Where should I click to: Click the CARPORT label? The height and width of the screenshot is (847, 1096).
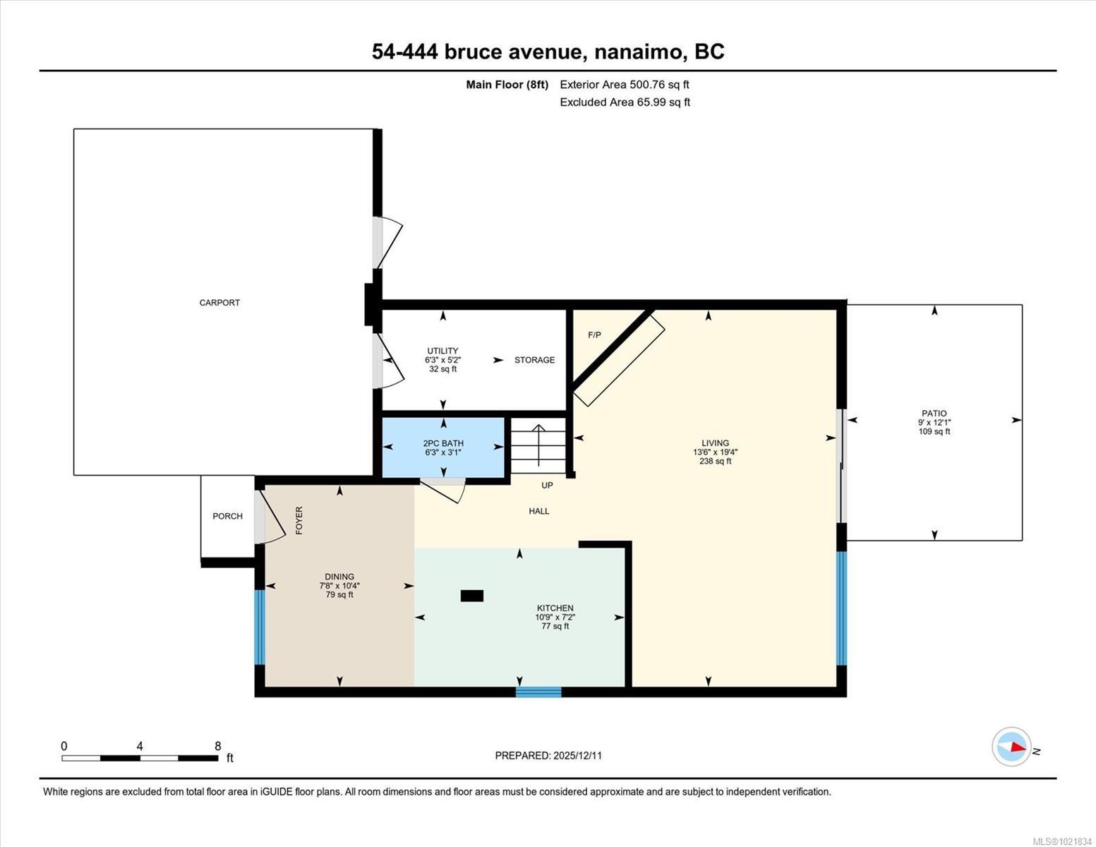click(x=219, y=303)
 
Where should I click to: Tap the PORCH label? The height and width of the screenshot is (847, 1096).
click(x=227, y=516)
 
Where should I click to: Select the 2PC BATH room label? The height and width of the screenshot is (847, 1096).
click(x=443, y=443)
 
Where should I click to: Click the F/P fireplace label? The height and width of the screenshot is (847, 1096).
click(x=594, y=335)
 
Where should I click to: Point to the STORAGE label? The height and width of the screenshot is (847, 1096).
click(x=534, y=360)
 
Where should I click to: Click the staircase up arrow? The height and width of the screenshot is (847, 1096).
click(x=538, y=445)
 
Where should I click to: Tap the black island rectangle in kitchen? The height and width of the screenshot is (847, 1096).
click(x=471, y=596)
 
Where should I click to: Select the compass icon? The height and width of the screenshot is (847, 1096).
click(x=1011, y=746)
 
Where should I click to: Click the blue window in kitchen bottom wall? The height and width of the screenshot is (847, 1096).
click(x=538, y=692)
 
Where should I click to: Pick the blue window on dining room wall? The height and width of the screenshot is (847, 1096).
click(x=259, y=627)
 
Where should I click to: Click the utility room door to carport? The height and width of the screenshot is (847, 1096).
click(x=387, y=361)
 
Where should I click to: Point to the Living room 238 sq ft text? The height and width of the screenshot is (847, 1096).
click(x=715, y=462)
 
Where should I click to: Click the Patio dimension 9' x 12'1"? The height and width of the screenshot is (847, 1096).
click(x=934, y=423)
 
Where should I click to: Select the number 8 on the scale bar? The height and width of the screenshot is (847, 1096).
click(x=217, y=746)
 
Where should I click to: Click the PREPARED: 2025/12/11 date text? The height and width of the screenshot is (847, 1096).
click(x=548, y=755)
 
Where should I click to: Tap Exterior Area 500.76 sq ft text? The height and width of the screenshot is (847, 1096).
click(x=624, y=85)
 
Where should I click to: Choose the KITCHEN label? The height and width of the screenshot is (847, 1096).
click(x=555, y=608)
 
